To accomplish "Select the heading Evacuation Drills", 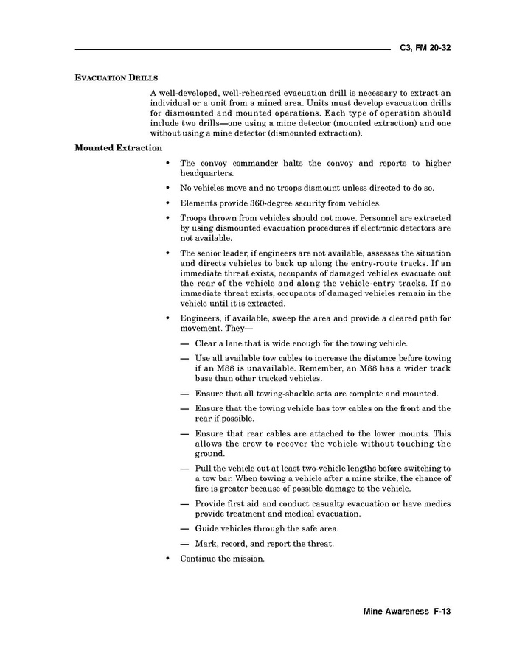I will pyautogui.click(x=117, y=78).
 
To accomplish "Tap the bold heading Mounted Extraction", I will pyautogui.click(x=118, y=148).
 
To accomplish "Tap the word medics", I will pyautogui.click(x=434, y=503).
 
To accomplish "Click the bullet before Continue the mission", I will pyautogui.click(x=169, y=559).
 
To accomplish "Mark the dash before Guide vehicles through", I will pyautogui.click(x=184, y=528).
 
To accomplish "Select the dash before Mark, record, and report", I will pyautogui.click(x=184, y=544).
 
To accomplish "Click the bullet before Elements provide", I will pyautogui.click(x=169, y=203).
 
